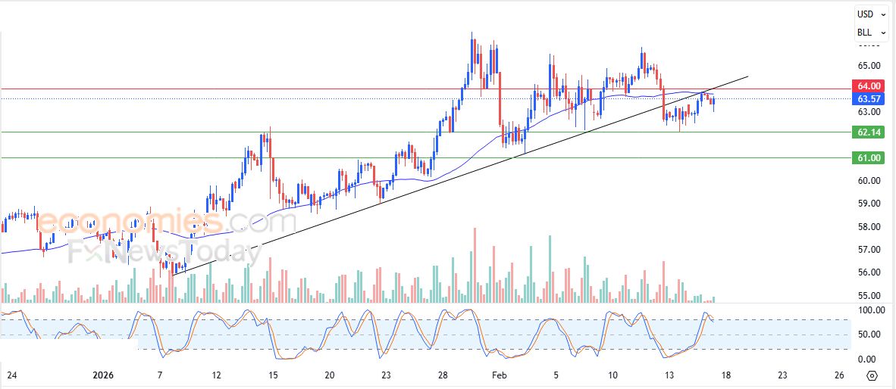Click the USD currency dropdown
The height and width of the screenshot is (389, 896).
coord(870,14)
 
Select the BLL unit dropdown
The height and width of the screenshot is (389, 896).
coord(870,33)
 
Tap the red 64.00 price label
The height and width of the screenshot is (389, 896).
coord(868,86)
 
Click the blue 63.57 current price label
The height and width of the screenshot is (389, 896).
coord(868,98)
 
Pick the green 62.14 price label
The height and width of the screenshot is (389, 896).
coord(868,132)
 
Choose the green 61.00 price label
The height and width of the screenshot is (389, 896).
coord(868,157)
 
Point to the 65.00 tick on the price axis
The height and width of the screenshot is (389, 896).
coord(868,66)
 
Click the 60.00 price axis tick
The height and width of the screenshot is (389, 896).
coord(868,181)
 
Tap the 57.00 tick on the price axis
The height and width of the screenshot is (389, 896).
coord(868,250)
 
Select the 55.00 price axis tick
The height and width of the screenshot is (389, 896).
coord(868,296)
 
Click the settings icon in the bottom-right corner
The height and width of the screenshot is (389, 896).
coord(872,375)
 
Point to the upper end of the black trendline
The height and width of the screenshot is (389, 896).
coord(748,76)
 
